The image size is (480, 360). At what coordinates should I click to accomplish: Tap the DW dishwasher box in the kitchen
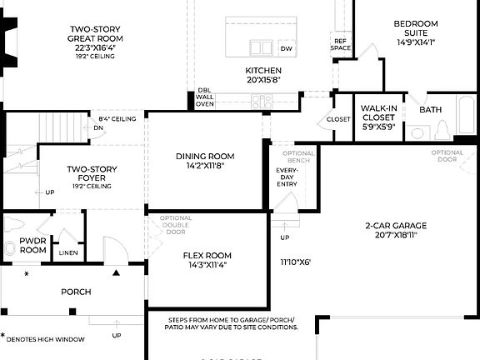287,49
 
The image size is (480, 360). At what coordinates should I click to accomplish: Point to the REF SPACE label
341,44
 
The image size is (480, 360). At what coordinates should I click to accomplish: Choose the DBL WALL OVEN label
205,97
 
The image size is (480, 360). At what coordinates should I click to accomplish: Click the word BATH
431,110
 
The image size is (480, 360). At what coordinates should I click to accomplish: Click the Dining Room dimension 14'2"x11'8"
205,167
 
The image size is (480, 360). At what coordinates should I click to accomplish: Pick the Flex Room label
207,260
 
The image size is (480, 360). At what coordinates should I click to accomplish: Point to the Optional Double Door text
175,226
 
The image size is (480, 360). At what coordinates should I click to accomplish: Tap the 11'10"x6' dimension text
295,262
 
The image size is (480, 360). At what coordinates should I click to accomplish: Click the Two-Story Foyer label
92,177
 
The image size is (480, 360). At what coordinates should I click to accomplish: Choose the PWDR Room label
32,245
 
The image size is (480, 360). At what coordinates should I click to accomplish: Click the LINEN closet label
68,252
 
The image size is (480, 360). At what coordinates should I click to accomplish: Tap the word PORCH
76,292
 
